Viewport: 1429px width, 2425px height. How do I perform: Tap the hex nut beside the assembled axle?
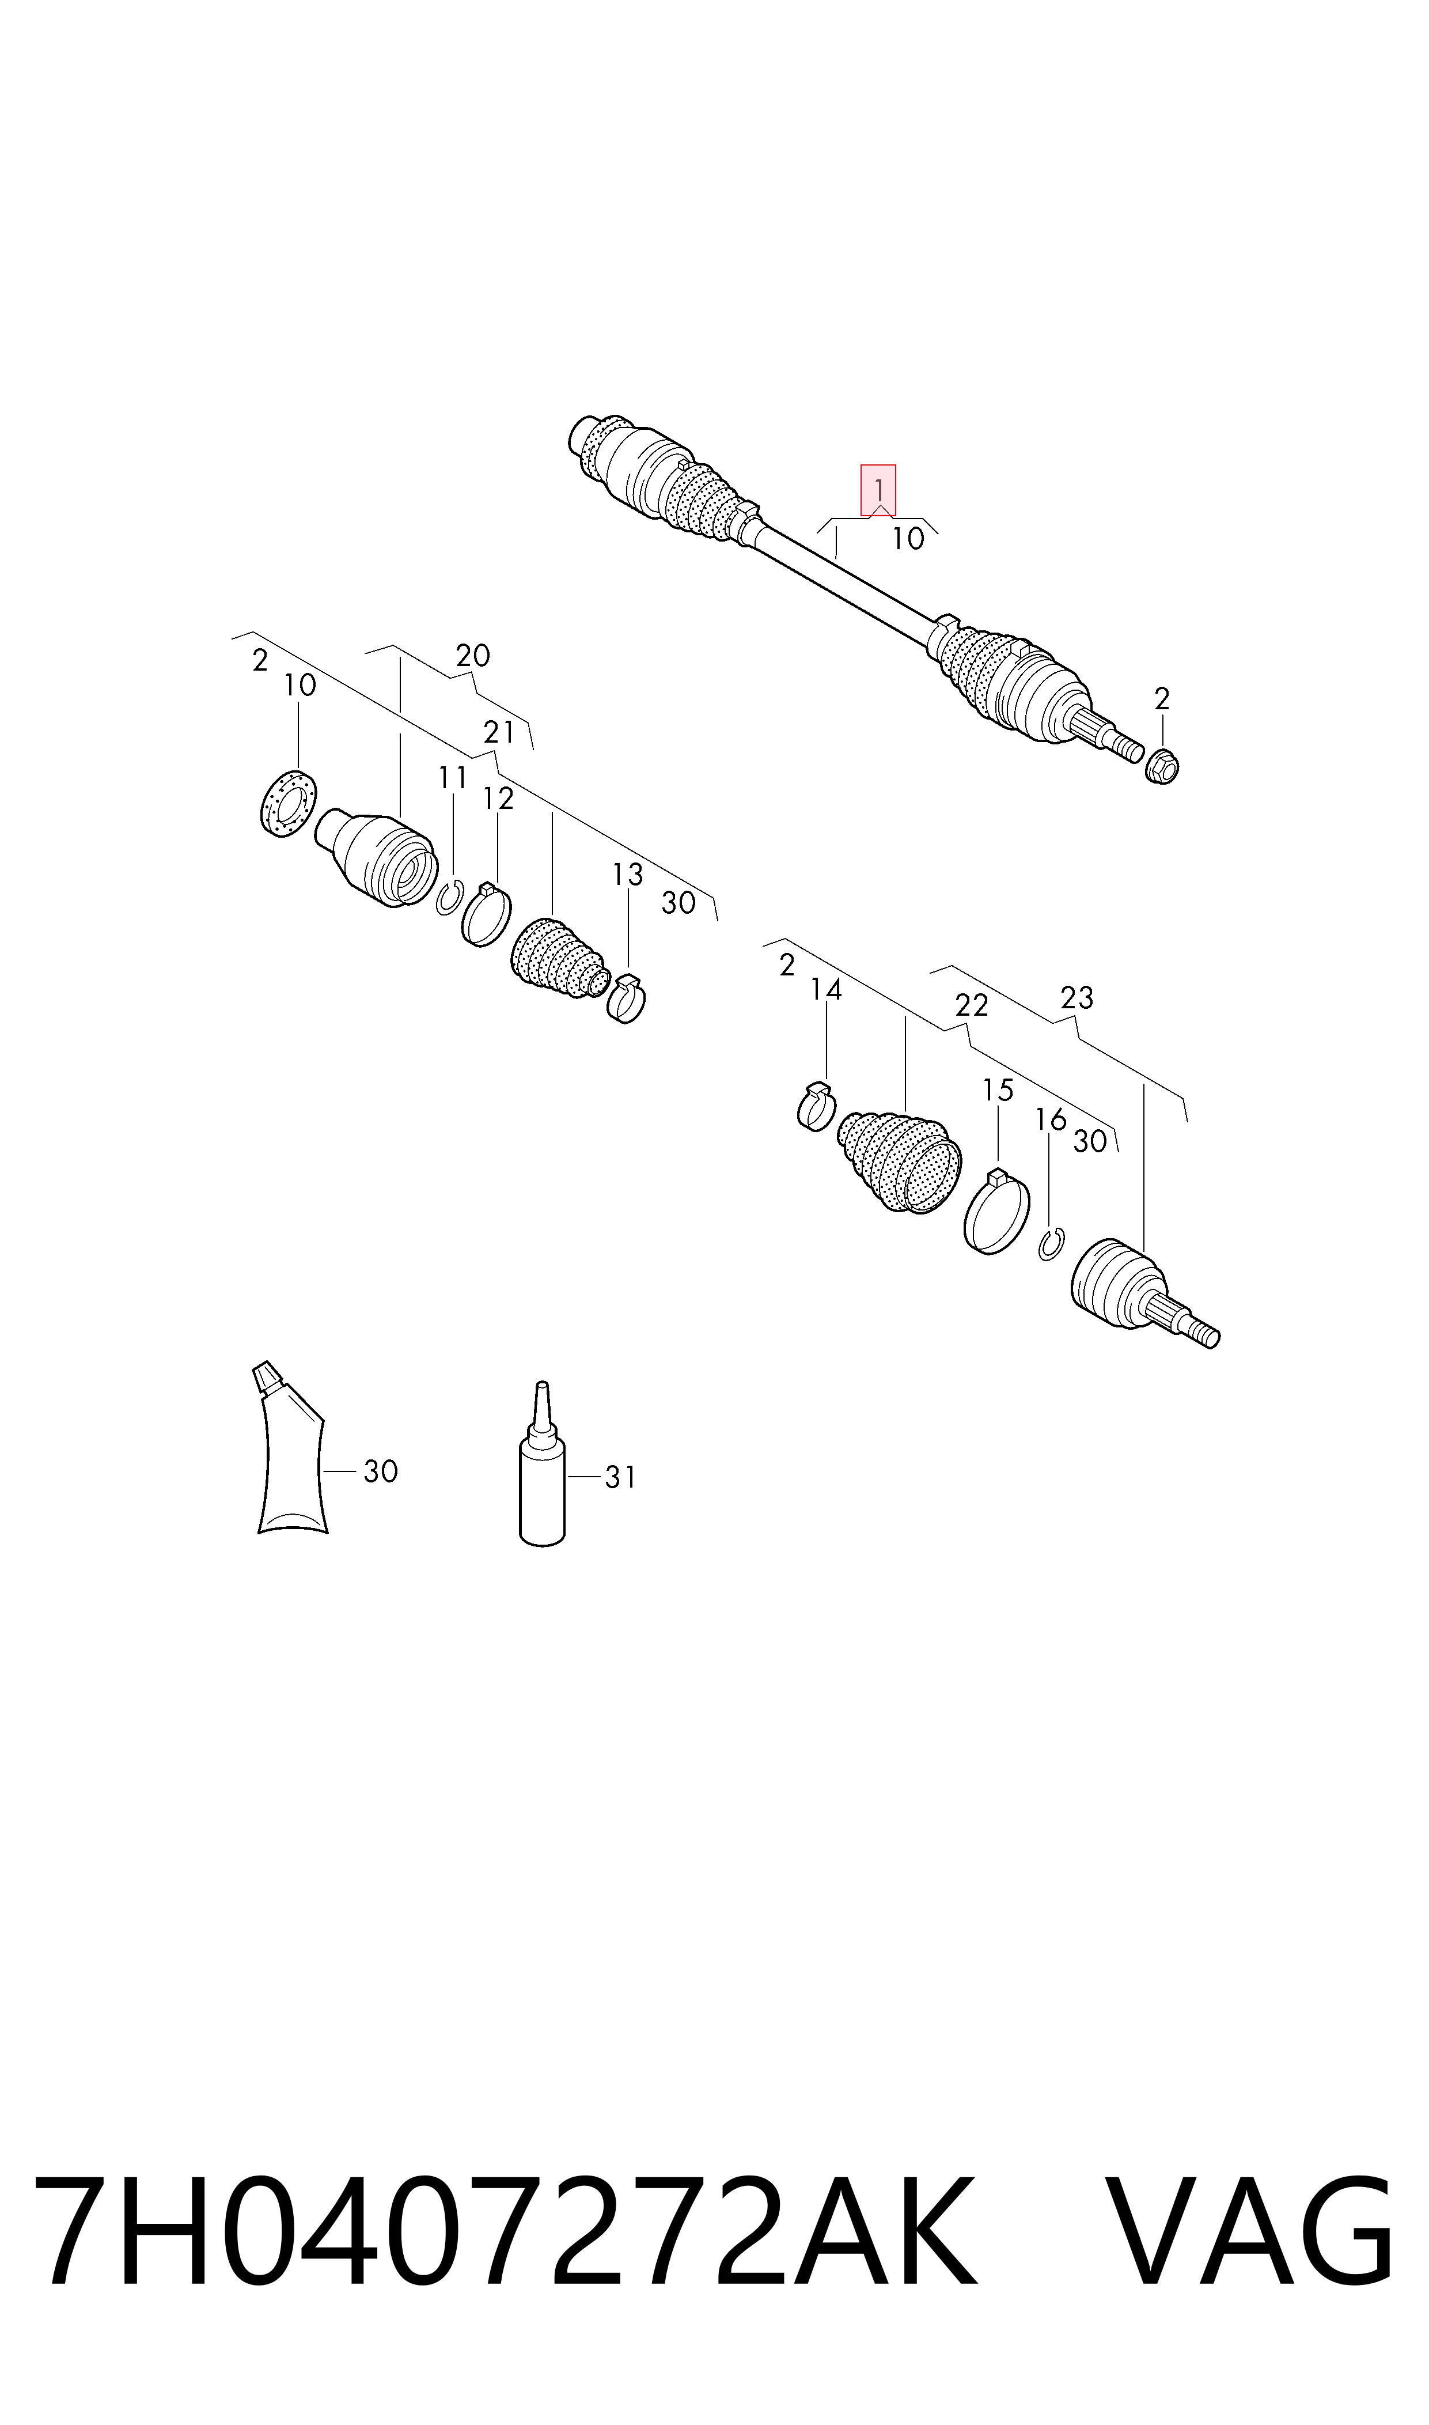1162,766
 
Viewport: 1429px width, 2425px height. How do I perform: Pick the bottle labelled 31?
542,1464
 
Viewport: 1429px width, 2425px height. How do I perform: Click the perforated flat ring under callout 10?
289,802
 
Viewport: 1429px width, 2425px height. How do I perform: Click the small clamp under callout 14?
817,1107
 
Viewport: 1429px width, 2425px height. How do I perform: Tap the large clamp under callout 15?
996,1212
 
